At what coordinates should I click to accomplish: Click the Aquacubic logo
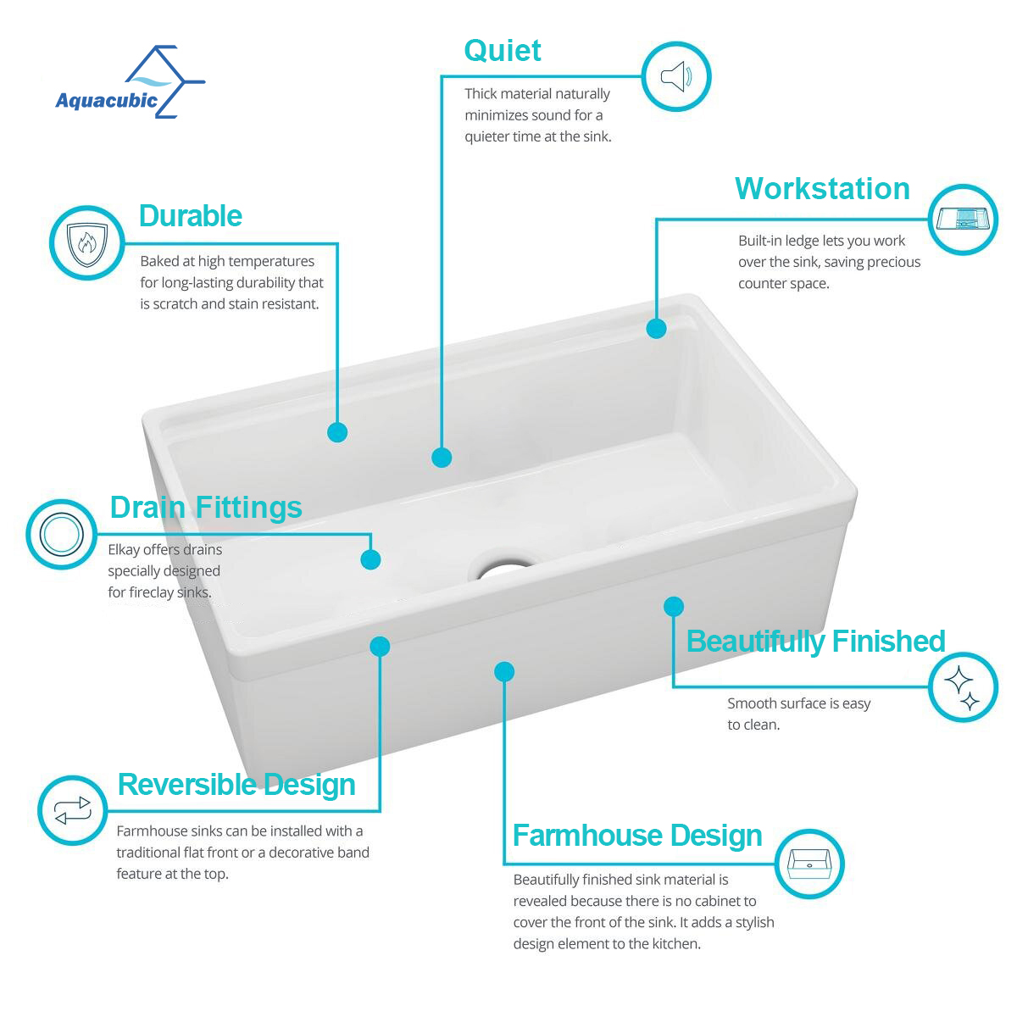(129, 83)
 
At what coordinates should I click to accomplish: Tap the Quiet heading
(502, 51)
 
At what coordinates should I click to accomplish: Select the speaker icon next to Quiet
(675, 76)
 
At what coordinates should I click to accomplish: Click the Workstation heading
(822, 188)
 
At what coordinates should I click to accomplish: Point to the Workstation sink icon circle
(963, 220)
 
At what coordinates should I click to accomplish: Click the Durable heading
(190, 215)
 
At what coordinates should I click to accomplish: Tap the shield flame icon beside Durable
(86, 242)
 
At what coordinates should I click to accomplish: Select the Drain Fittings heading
(206, 507)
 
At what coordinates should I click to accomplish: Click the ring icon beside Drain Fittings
(61, 535)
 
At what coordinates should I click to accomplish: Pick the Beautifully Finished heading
(815, 642)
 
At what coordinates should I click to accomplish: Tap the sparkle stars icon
(963, 687)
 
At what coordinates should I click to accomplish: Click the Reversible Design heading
(236, 784)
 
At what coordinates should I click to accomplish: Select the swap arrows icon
(73, 810)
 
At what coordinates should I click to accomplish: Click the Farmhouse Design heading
(637, 835)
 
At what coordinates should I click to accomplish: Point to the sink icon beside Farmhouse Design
(809, 864)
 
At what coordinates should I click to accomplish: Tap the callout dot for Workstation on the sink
(656, 328)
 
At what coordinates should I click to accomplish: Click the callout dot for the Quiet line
(442, 458)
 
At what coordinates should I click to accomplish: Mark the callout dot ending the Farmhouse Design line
(504, 672)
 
